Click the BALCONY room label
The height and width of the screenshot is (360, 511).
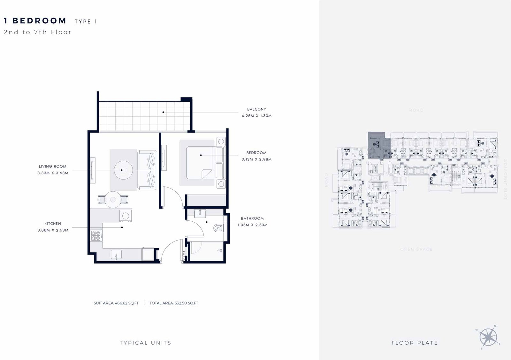pos(256,109)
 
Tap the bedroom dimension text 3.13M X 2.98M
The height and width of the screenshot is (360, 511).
pos(256,159)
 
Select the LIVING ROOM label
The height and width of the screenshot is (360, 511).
pos(53,166)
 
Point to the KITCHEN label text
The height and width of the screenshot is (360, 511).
pos(53,224)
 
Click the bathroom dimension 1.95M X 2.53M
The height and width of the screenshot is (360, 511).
pos(252,225)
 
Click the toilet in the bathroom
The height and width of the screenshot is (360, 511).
pos(218,228)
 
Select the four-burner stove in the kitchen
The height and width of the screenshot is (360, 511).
pos(96,235)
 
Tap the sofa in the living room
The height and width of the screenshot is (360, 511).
pos(147,170)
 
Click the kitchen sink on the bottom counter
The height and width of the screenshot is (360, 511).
pos(116,255)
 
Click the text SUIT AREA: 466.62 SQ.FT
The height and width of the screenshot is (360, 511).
pos(116,303)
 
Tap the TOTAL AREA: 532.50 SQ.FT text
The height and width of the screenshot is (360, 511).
pos(174,303)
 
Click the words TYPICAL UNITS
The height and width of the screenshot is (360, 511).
pos(145,343)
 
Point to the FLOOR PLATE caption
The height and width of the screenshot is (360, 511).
pos(414,343)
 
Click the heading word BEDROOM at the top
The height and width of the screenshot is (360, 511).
pos(39,21)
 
